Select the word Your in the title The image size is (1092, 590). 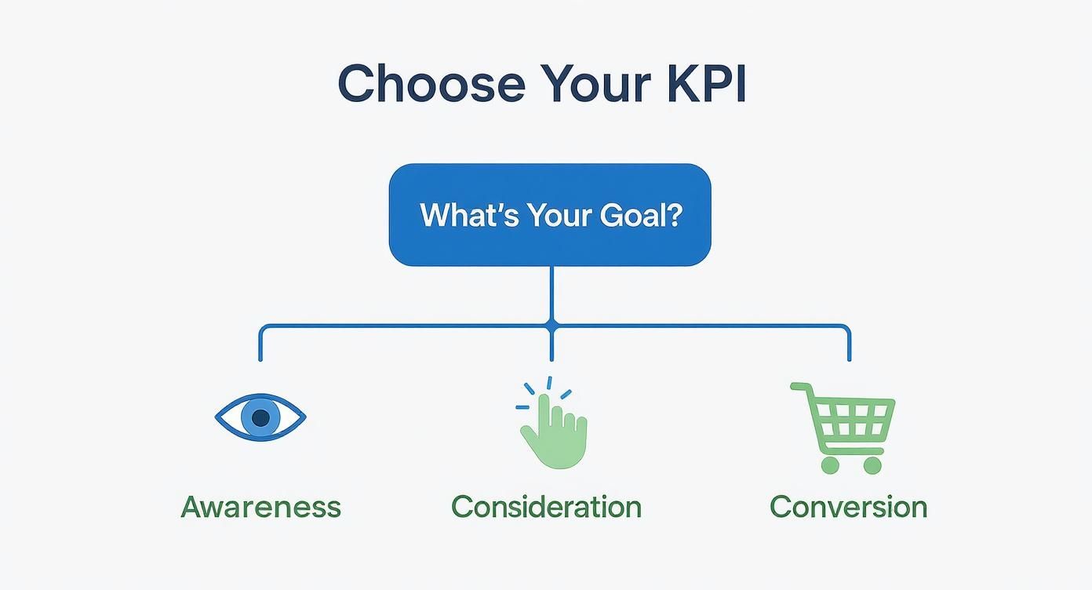click(596, 84)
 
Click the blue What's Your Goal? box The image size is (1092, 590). click(550, 214)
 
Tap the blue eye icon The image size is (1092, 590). click(260, 417)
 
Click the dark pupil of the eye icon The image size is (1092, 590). click(260, 417)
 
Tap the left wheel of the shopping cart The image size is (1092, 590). click(830, 464)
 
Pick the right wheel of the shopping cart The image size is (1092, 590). click(872, 464)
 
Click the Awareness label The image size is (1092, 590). click(260, 507)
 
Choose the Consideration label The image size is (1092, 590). click(546, 507)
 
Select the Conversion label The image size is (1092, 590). click(848, 507)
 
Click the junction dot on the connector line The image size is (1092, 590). click(551, 325)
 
